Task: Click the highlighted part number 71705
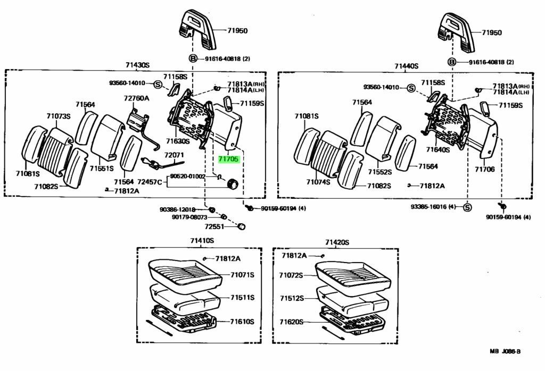pyautogui.click(x=229, y=159)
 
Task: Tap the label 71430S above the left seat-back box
pyautogui.click(x=137, y=65)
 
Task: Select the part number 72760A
pyautogui.click(x=136, y=98)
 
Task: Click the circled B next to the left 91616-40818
pyautogui.click(x=193, y=58)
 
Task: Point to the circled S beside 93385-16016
pyautogui.click(x=467, y=207)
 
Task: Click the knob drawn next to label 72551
pyautogui.click(x=241, y=226)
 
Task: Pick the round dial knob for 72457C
pyautogui.click(x=232, y=183)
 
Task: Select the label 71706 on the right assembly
pyautogui.click(x=484, y=169)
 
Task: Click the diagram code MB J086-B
pyautogui.click(x=505, y=351)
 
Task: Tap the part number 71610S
pyautogui.click(x=242, y=322)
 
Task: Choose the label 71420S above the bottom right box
pyautogui.click(x=337, y=242)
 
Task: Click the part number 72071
pyautogui.click(x=174, y=155)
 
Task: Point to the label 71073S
pyautogui.click(x=59, y=116)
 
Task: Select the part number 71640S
pyautogui.click(x=438, y=149)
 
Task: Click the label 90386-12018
pyautogui.click(x=177, y=209)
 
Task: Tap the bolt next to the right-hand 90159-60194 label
pyautogui.click(x=502, y=206)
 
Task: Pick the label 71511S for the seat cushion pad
pyautogui.click(x=242, y=298)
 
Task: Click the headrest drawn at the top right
pyautogui.click(x=456, y=32)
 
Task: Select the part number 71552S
pyautogui.click(x=380, y=172)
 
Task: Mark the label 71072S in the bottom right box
pyautogui.click(x=291, y=275)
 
